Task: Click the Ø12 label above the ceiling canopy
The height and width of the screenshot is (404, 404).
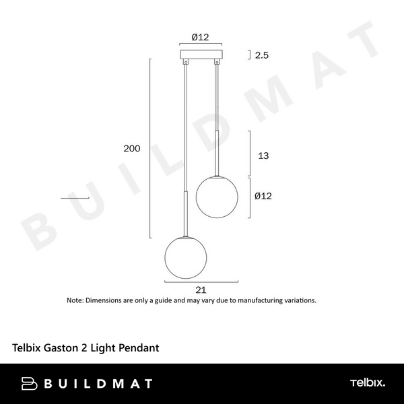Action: click(x=200, y=38)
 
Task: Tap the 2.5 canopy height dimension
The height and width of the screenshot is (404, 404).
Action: click(x=263, y=55)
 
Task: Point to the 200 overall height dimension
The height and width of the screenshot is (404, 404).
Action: click(x=132, y=149)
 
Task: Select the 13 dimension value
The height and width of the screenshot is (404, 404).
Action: click(x=263, y=156)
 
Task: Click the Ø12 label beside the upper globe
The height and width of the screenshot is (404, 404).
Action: click(x=263, y=197)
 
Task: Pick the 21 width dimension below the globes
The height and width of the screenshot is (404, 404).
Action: click(x=200, y=290)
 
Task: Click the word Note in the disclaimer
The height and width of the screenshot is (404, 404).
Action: click(x=74, y=300)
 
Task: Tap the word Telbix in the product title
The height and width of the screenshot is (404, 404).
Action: click(x=28, y=349)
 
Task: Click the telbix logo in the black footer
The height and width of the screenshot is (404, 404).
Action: click(x=367, y=383)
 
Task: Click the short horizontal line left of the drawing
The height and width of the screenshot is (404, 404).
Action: click(x=75, y=198)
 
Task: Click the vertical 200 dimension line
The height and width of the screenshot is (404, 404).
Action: click(x=149, y=148)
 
